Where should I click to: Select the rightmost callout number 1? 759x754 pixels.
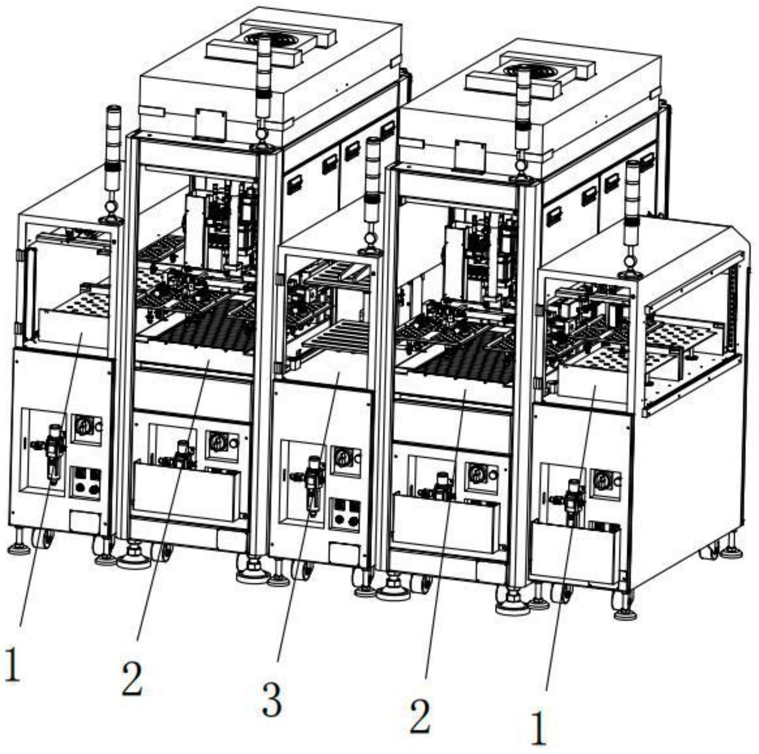[x=538, y=728]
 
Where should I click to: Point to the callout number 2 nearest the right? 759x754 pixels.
[x=419, y=716]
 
